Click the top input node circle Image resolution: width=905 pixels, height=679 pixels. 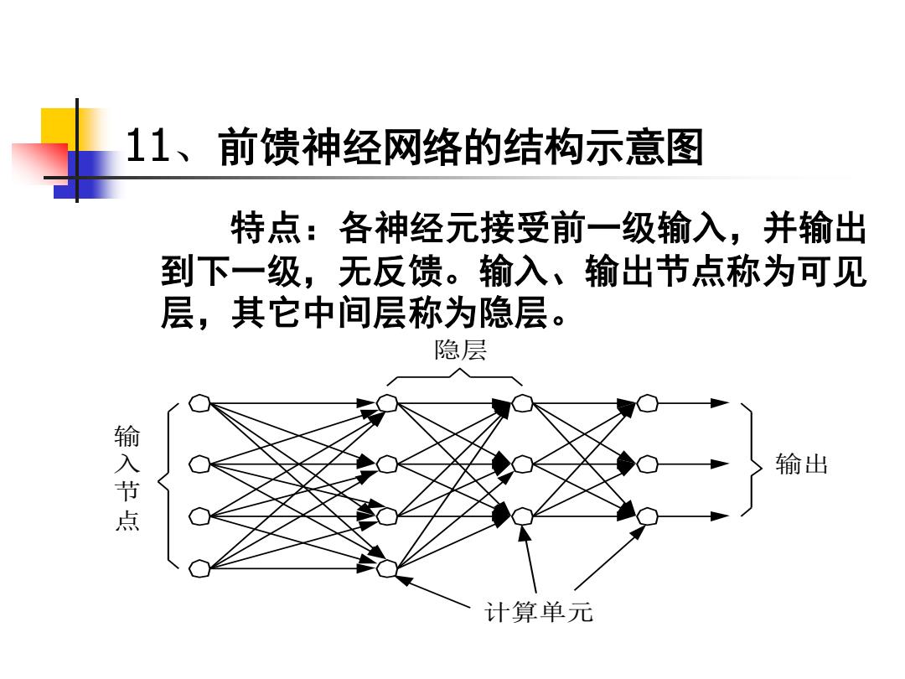[x=199, y=403]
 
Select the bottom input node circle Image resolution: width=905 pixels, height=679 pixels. [x=199, y=568]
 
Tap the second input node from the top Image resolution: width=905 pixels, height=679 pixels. [x=199, y=464]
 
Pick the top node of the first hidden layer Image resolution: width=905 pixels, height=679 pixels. [x=386, y=403]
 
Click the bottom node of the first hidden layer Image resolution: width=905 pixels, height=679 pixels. [x=386, y=568]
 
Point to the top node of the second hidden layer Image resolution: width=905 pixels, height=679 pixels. [x=522, y=403]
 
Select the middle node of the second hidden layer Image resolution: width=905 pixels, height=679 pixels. [x=522, y=464]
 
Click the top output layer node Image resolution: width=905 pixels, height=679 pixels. [x=648, y=403]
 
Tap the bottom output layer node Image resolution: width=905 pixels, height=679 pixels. [x=648, y=516]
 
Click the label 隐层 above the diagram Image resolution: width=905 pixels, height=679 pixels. [x=461, y=350]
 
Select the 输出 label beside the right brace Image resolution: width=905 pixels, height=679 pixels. [x=802, y=464]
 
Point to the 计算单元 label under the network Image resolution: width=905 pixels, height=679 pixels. [x=539, y=612]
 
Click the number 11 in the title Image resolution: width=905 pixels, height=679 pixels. [x=147, y=146]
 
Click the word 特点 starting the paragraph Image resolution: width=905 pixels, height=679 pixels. [x=266, y=228]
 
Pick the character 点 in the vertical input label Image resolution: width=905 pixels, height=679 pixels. [x=127, y=520]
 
